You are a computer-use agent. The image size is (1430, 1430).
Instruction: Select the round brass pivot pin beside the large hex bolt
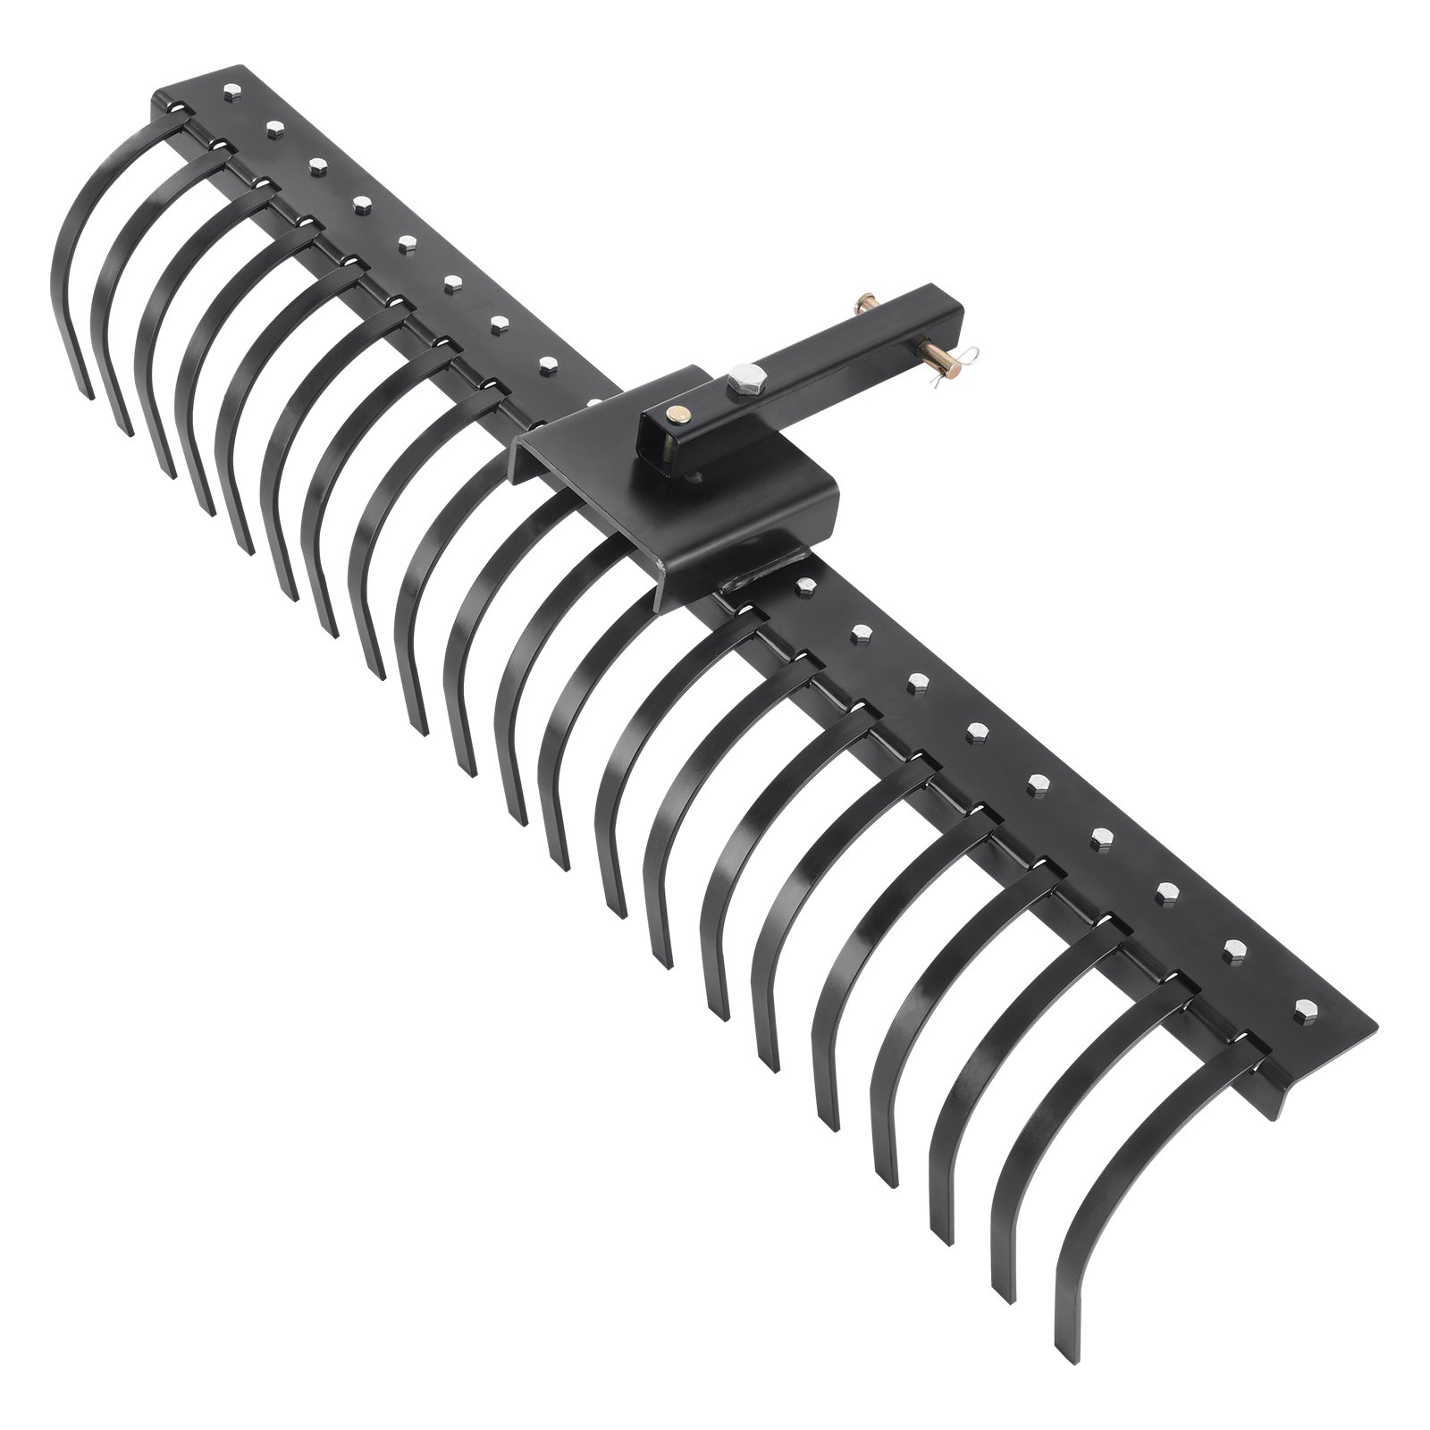(679, 414)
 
